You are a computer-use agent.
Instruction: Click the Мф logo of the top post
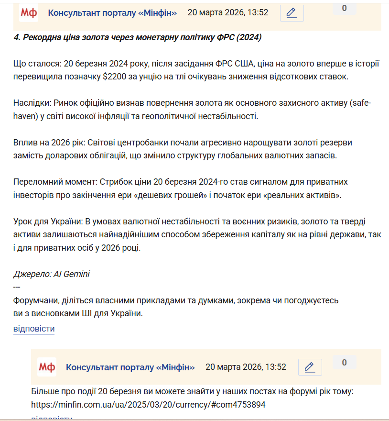click(29, 13)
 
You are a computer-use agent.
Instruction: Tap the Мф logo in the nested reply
click(46, 367)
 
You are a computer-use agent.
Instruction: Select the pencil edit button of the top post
click(292, 13)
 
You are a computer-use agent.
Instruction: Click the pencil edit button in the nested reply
click(310, 367)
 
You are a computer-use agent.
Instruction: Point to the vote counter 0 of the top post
click(344, 8)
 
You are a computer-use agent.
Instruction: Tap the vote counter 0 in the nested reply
click(344, 363)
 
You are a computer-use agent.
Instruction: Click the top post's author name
click(112, 13)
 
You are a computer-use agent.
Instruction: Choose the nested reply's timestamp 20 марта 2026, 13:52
click(246, 367)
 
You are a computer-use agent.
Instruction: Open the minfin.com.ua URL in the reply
click(148, 405)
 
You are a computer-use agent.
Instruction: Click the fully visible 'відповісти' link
click(34, 329)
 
